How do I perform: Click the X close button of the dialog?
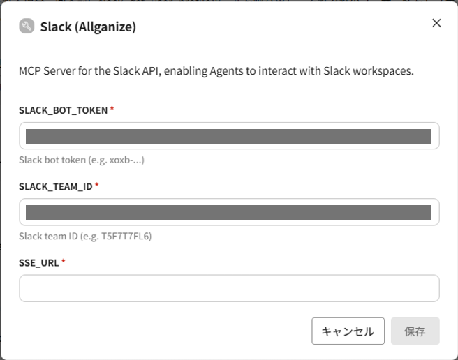pos(436,23)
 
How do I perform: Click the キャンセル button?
pos(348,331)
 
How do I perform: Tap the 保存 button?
pos(415,331)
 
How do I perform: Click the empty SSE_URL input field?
pos(229,288)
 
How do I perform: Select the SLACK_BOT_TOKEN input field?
pos(229,136)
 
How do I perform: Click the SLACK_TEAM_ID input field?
pos(229,212)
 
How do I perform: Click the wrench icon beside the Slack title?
pos(27,27)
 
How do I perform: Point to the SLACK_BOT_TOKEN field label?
pos(64,110)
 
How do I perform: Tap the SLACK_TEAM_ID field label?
pos(56,186)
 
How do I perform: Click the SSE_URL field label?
pos(39,262)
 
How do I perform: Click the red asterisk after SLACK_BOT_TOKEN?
pos(112,110)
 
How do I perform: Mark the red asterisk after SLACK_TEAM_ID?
pos(96,186)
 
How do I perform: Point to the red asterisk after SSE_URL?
pos(64,262)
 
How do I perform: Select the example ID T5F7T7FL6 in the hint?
pos(126,236)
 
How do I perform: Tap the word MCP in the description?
pos(30,71)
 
